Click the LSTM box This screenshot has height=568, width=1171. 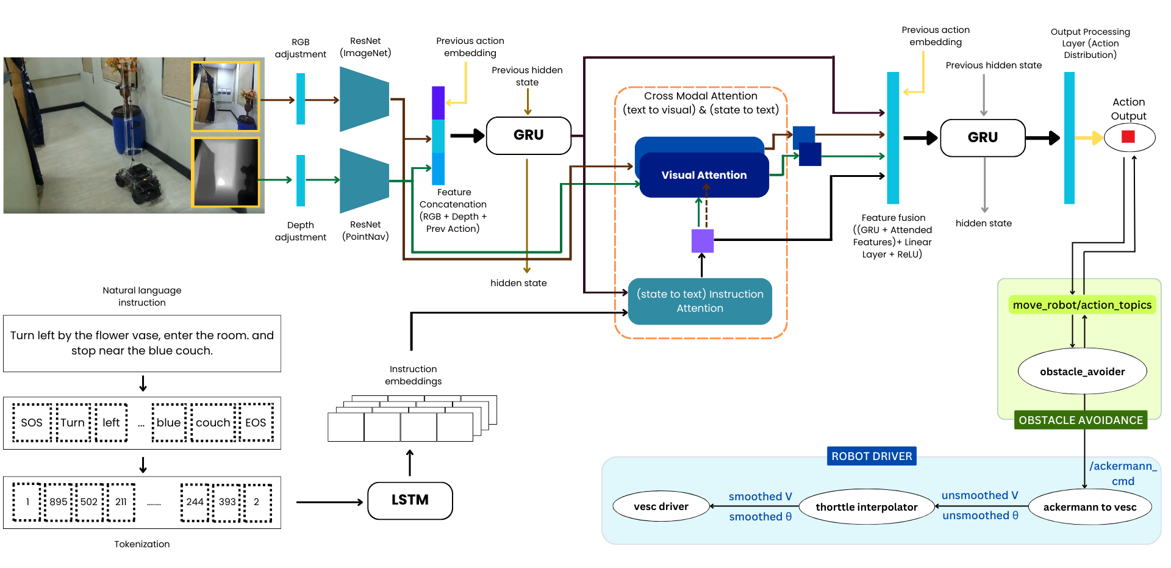(x=410, y=500)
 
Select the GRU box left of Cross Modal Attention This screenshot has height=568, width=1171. (x=528, y=135)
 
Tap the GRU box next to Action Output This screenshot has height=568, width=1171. (x=983, y=138)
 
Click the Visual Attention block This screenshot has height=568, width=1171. (x=704, y=175)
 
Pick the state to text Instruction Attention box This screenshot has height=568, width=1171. (x=700, y=301)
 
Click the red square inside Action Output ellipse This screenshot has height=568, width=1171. (x=1128, y=137)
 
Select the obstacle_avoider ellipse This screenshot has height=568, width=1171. (x=1082, y=372)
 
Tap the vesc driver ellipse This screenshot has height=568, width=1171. (x=661, y=506)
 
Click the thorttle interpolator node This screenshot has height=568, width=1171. (x=866, y=507)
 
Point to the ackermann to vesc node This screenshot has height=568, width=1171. (x=1089, y=507)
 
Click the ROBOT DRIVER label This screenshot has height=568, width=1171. (x=872, y=456)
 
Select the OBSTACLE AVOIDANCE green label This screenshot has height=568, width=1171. (x=1080, y=420)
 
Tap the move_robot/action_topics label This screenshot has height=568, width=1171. (x=1082, y=305)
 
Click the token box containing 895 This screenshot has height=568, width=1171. (x=59, y=502)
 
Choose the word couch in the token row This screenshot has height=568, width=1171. (x=213, y=423)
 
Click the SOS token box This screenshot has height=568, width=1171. (x=32, y=423)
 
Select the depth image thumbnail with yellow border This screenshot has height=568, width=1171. (x=226, y=172)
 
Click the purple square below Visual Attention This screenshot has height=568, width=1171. (x=702, y=241)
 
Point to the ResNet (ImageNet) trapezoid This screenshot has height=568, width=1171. (x=364, y=99)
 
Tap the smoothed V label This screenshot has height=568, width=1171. (x=760, y=497)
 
